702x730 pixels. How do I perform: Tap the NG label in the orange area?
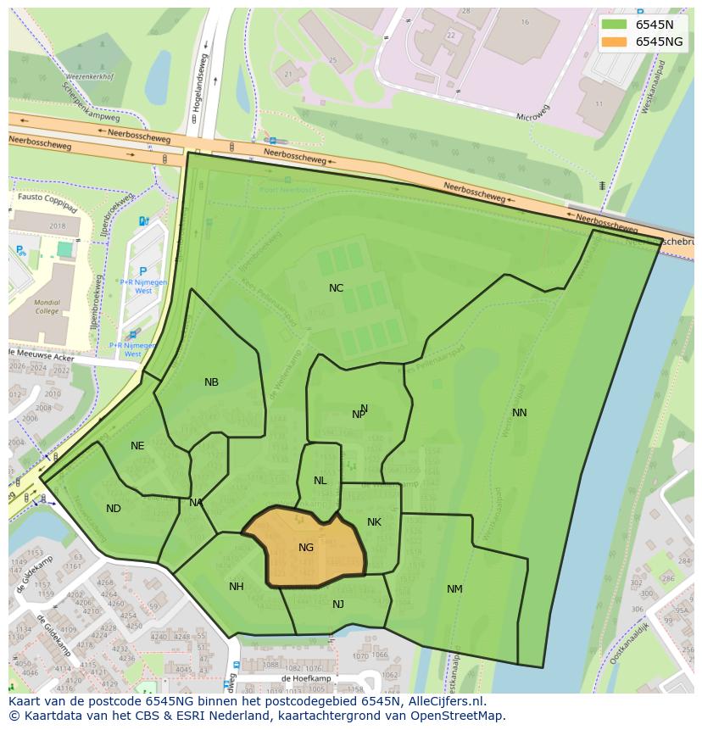click(306, 548)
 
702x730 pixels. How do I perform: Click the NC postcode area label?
click(337, 288)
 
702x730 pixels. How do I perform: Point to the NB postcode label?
click(211, 382)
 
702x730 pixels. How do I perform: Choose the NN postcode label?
click(520, 413)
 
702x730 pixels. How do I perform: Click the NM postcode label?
click(454, 589)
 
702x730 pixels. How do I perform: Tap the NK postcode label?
click(374, 522)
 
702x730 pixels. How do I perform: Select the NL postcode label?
click(320, 481)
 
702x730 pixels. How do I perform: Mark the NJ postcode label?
click(338, 605)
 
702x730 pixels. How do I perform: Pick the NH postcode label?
click(237, 587)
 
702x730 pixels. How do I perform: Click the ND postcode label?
click(114, 509)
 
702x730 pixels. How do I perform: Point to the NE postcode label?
click(137, 446)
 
